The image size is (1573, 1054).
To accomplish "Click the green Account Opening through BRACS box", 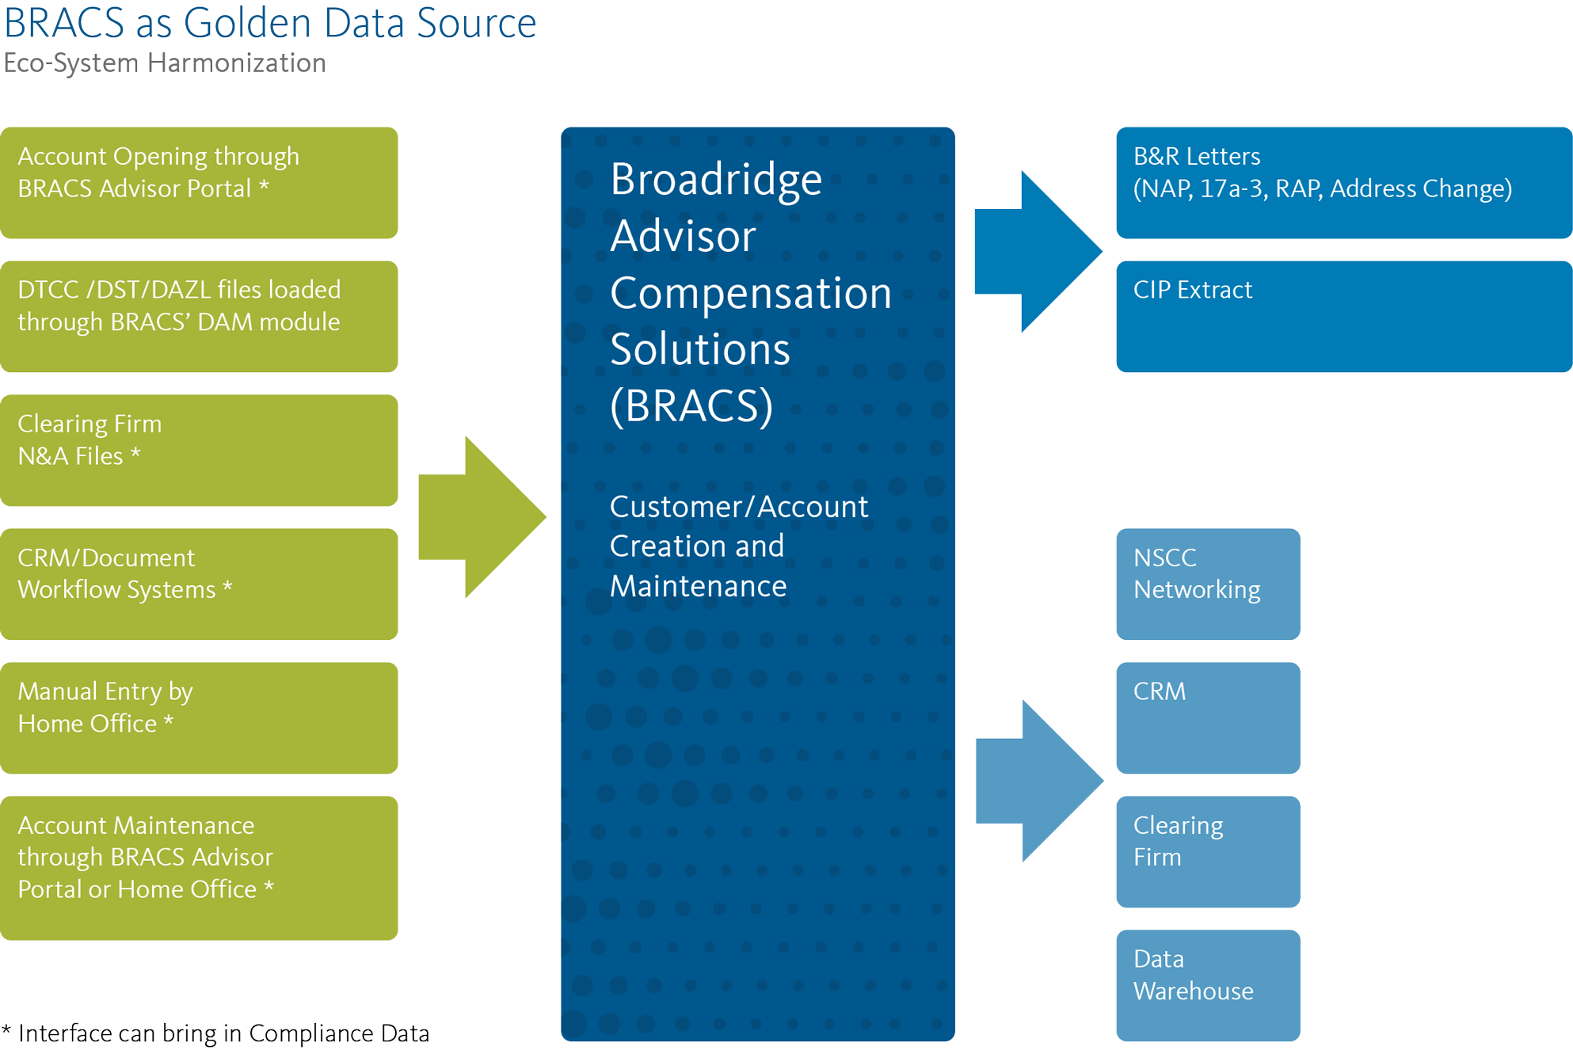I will (199, 182).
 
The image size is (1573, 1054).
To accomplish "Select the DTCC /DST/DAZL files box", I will (199, 316).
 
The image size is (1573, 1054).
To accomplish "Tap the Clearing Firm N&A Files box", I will (199, 450).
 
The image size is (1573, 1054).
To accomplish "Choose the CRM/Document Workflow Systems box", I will (199, 584).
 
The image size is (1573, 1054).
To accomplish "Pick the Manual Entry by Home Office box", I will (199, 717).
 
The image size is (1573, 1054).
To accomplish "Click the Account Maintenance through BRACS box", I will (199, 868).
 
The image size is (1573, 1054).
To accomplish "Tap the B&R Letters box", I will (1343, 182).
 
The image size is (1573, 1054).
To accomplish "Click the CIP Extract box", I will (1343, 316).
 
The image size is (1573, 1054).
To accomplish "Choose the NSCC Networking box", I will (1208, 584).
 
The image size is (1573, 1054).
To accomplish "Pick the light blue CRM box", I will (1208, 717).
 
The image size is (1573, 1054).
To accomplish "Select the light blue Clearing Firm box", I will (1208, 851).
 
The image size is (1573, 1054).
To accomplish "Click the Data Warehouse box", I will (1208, 985).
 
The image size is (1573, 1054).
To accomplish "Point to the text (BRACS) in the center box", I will (691, 406).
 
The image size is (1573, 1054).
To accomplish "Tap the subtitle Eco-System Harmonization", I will (165, 63).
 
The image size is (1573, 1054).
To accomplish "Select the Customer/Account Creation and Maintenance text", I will (738, 546).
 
